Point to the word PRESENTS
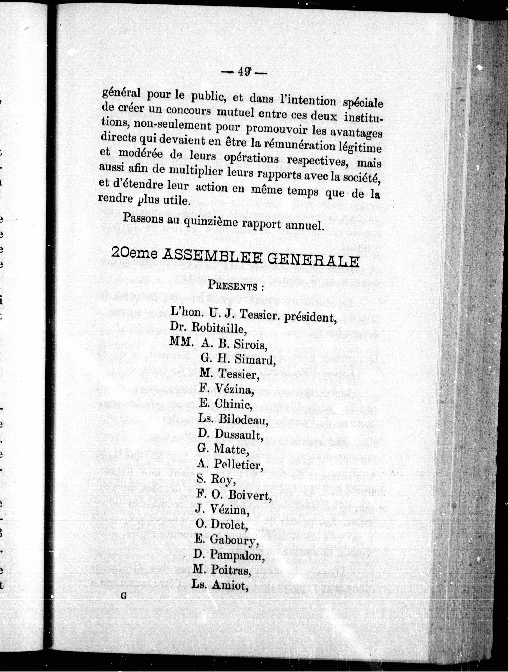click(x=233, y=286)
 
